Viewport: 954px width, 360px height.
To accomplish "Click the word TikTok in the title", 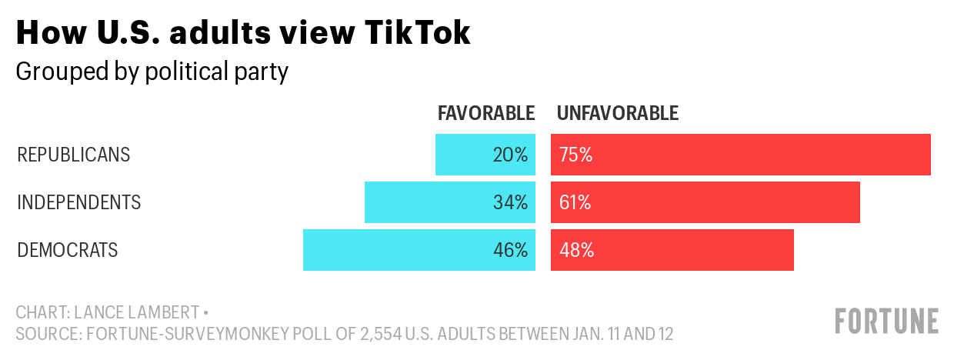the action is (x=417, y=32).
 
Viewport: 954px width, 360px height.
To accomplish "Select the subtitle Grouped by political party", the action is (x=152, y=72).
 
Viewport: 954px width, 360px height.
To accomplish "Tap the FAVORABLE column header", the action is (x=486, y=113).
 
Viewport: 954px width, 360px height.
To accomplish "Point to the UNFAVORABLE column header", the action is (x=618, y=113).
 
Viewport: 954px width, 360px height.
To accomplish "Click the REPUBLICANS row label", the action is (x=74, y=155).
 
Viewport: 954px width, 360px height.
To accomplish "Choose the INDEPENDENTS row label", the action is (x=78, y=202).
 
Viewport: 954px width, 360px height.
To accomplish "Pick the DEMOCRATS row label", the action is (x=67, y=250).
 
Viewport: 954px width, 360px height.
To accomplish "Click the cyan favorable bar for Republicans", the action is (x=485, y=155).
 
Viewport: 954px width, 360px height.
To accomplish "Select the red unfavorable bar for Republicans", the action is (x=741, y=155).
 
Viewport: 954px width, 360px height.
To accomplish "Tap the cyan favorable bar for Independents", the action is (x=450, y=202).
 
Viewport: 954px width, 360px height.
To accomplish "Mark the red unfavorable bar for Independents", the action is (x=705, y=202).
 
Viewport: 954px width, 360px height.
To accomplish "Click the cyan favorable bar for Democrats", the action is (x=419, y=250).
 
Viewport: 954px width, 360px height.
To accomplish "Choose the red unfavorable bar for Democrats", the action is (x=672, y=250).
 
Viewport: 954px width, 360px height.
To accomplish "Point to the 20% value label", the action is (x=510, y=155).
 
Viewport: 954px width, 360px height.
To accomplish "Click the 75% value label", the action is (x=575, y=155).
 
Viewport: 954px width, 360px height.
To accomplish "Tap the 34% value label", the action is (x=510, y=202).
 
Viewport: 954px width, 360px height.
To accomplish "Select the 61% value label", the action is (x=575, y=202).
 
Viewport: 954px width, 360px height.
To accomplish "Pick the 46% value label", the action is (x=510, y=250).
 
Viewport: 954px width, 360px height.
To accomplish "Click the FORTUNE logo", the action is (x=887, y=322).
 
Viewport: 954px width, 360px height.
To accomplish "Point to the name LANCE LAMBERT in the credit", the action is (x=137, y=312).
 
